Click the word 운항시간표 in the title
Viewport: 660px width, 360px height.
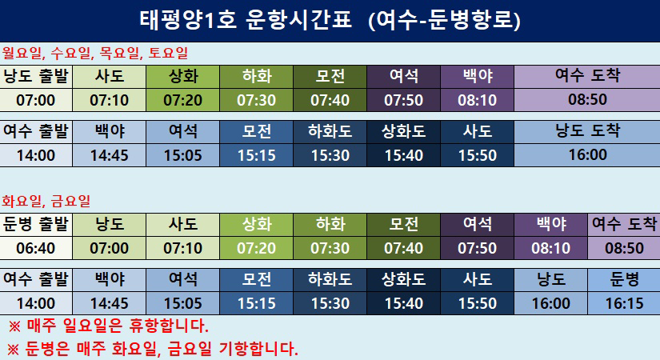pos(298,20)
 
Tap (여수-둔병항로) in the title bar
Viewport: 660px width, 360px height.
pos(445,20)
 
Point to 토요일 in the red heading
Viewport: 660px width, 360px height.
pos(168,53)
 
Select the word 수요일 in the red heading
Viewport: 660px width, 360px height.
pos(70,53)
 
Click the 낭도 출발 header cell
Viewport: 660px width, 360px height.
pos(36,76)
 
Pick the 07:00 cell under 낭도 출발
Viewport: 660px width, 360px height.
pos(36,100)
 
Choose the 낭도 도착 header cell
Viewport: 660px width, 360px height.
pos(587,131)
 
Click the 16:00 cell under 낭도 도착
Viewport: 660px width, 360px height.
pos(587,155)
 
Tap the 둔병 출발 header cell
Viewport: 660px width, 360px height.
pos(36,224)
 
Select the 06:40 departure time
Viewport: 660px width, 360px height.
pos(36,248)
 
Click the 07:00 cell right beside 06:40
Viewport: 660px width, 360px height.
pos(110,248)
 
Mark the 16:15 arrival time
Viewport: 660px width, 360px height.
pos(624,303)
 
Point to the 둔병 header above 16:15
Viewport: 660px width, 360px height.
pos(624,279)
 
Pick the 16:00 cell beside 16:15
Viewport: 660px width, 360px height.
pos(550,303)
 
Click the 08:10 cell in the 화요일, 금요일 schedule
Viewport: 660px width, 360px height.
pos(550,248)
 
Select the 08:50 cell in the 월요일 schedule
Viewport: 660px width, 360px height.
pos(587,100)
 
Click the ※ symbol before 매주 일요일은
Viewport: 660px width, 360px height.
pos(14,326)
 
